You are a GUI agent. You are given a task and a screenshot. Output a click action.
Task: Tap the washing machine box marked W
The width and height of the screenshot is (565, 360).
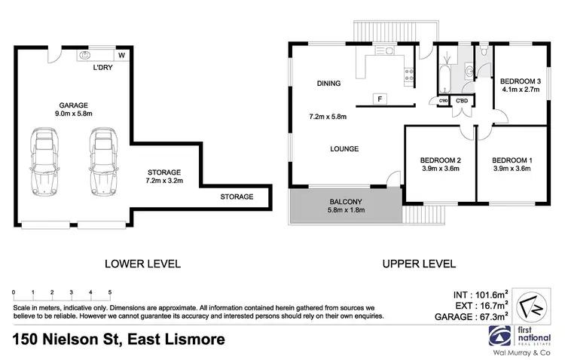(121, 56)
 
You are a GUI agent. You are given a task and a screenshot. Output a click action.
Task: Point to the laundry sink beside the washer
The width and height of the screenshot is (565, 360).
(84, 55)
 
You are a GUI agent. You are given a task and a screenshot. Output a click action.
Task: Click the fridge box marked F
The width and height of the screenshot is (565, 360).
(379, 99)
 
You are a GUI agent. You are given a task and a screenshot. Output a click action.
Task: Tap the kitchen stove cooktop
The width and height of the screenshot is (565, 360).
(409, 74)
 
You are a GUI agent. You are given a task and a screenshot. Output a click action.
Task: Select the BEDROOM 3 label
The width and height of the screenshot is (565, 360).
(521, 81)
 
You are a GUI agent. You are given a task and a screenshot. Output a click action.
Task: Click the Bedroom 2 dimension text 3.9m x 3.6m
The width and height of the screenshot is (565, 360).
(440, 169)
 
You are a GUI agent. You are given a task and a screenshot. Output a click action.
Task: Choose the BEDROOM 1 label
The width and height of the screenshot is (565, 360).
(512, 160)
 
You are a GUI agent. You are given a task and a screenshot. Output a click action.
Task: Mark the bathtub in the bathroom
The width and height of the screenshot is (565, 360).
(445, 75)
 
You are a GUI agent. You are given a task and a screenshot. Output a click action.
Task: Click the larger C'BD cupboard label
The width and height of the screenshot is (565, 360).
(462, 101)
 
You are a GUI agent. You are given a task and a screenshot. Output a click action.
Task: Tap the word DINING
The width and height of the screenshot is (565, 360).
(328, 84)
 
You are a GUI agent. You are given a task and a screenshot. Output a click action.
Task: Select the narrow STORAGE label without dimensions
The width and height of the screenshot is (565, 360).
(237, 197)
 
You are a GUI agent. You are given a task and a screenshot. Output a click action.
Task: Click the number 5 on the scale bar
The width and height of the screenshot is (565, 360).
(110, 291)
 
